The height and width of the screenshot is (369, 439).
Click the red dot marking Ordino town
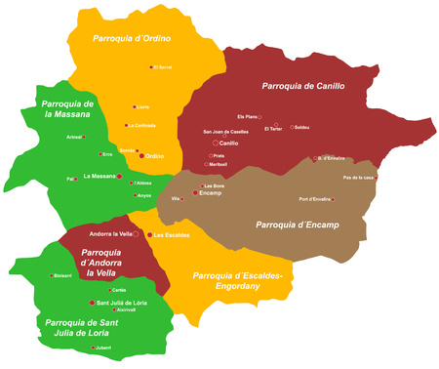[x=141, y=156]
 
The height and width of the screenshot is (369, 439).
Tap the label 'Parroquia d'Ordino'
[x=132, y=39]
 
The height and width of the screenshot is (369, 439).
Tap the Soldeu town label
[x=301, y=128]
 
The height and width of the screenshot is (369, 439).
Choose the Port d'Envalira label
[x=318, y=199]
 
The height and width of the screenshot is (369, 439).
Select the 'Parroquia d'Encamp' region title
[x=297, y=225]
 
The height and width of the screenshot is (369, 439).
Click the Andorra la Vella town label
[x=110, y=234]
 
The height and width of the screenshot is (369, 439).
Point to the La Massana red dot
[x=119, y=178]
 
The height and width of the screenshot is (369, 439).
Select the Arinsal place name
[x=74, y=138]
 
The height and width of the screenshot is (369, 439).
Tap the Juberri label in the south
[x=102, y=347]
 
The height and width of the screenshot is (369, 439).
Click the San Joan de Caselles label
[x=225, y=131]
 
